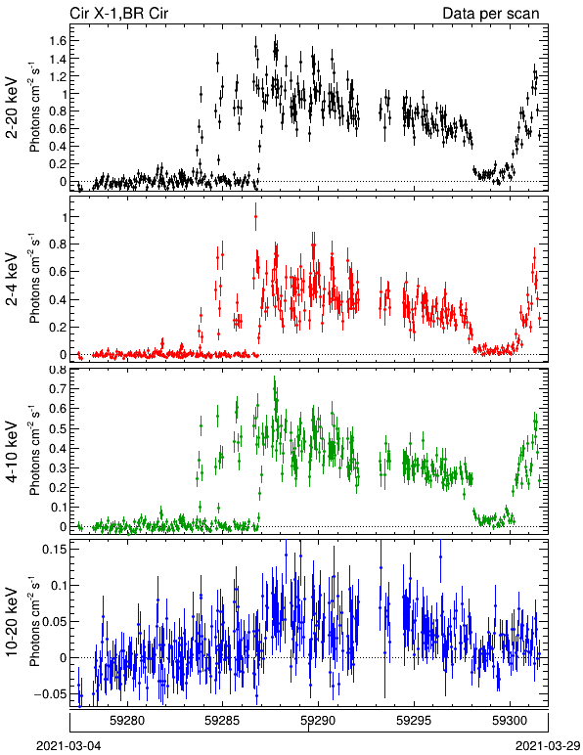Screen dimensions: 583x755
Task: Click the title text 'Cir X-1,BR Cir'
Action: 119,13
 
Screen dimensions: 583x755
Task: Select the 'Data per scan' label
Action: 491,13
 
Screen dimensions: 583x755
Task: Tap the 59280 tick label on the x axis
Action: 127,721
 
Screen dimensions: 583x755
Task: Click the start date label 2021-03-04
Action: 68,746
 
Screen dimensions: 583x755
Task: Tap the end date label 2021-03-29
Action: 548,746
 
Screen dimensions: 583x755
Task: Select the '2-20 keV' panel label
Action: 12,108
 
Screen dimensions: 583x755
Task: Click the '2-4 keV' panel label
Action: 12,280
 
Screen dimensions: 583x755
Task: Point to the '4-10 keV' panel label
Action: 12,452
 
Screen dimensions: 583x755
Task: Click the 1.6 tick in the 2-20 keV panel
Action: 58,40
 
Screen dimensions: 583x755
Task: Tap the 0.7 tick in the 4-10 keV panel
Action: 58,388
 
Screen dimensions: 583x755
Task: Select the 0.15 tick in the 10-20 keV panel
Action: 54,549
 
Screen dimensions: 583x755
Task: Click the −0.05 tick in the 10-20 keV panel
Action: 50,693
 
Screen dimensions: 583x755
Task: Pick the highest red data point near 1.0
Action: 255,216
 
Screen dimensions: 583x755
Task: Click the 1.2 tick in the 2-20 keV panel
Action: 58,76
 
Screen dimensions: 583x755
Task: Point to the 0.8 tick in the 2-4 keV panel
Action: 58,244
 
